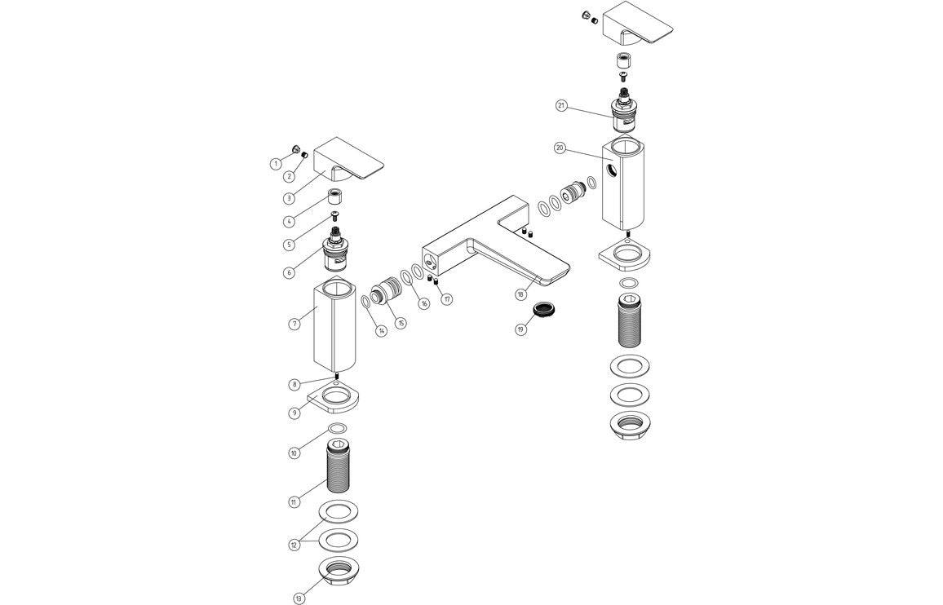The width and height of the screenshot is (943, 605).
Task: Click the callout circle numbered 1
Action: pos(276,164)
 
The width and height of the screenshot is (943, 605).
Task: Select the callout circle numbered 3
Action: pos(289,198)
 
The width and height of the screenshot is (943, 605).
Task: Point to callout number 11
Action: pos(293,502)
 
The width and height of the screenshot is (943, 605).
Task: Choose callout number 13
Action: pos(299,598)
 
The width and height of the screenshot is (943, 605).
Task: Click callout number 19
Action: pos(520,329)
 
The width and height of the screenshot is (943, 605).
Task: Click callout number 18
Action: pos(520,294)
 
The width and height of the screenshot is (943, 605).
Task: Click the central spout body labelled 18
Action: pos(489,245)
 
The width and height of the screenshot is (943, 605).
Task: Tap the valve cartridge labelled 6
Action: pos(335,249)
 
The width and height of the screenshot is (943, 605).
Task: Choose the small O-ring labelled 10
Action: pos(337,429)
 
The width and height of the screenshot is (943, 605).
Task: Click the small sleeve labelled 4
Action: pos(335,197)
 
